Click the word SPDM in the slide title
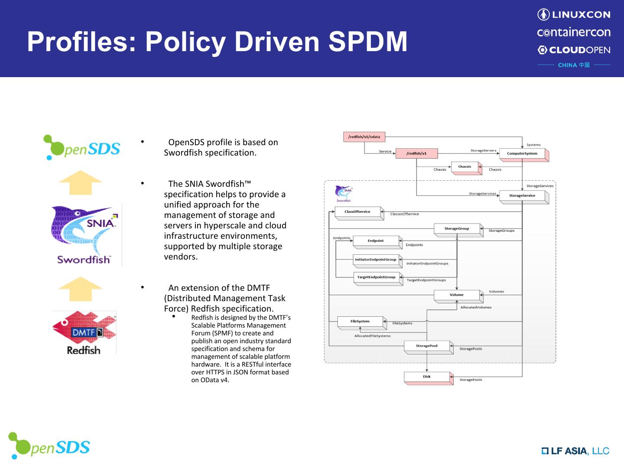coord(367,42)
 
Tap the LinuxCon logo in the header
coord(574,15)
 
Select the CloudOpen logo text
coord(574,50)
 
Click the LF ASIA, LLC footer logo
coord(575,451)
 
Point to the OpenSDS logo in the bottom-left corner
coord(49,446)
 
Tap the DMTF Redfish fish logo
coord(84,332)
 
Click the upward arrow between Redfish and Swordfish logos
coord(81,289)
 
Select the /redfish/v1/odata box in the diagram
coord(364,137)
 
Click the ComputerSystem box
coord(522,153)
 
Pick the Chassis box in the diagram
coord(465,167)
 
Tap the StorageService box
coord(522,196)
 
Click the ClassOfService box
coord(357,212)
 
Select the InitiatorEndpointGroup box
coord(376,260)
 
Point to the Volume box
coord(456,295)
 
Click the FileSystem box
coord(360,322)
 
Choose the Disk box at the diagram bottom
coord(427,377)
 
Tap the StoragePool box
coord(427,346)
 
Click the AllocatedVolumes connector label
coord(476,307)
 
